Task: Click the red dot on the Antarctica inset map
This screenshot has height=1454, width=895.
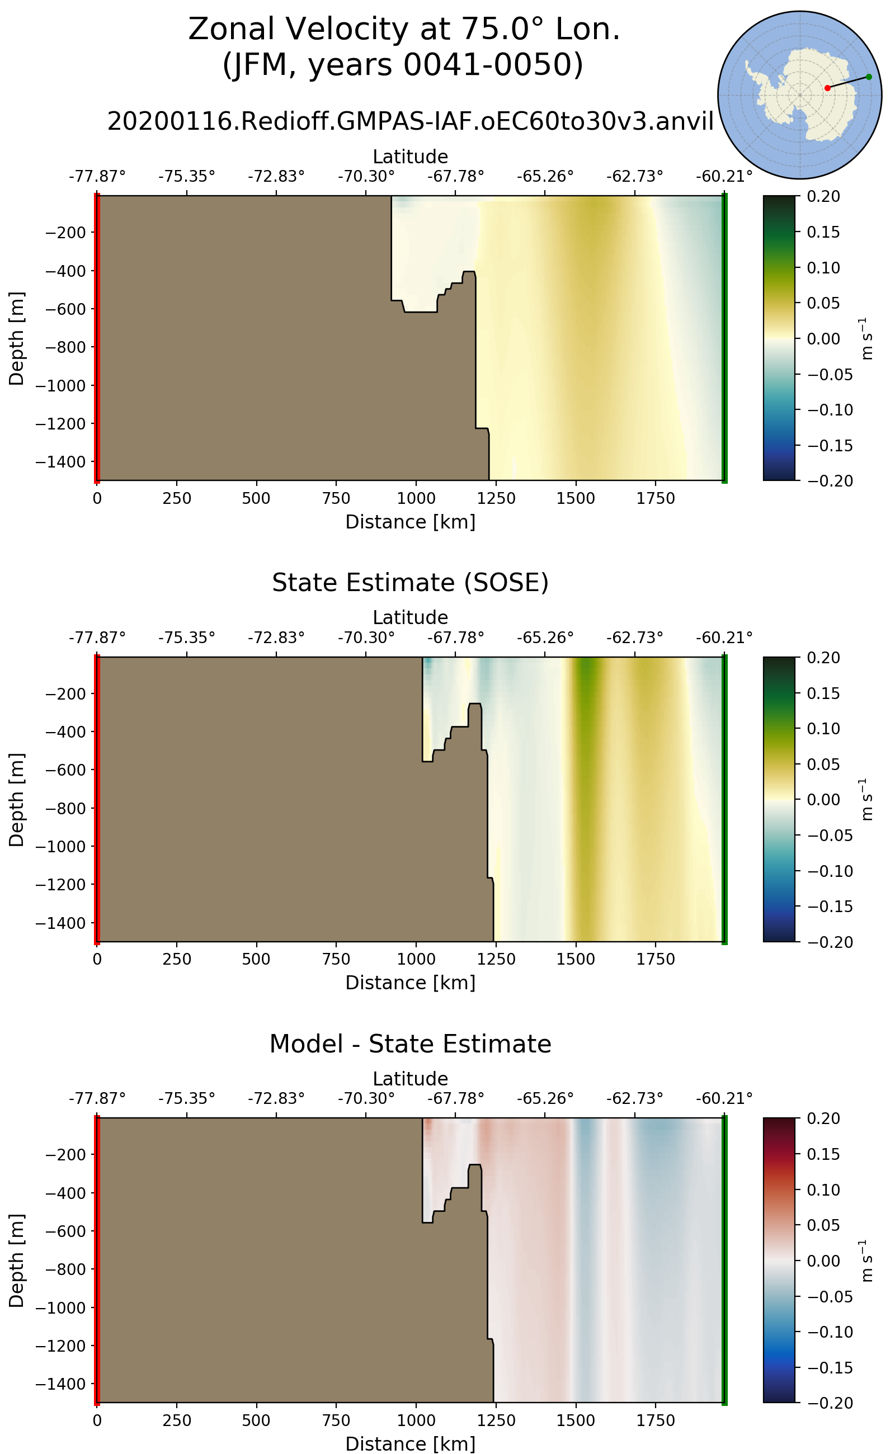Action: point(827,88)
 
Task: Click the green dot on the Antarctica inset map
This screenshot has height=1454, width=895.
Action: point(868,77)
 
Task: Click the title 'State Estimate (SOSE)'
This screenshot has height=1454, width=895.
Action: point(410,583)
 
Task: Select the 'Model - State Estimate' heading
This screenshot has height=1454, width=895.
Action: point(410,1044)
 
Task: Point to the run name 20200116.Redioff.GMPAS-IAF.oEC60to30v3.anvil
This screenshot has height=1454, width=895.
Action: point(410,121)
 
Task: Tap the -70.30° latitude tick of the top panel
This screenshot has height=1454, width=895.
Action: point(366,176)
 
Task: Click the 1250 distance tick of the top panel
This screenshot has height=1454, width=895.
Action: point(496,498)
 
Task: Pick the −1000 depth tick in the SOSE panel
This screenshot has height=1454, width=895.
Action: point(60,847)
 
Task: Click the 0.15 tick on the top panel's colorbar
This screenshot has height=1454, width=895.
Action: point(823,232)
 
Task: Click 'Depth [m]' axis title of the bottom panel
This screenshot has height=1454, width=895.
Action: point(17,1261)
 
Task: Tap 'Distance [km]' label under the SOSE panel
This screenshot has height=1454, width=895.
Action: point(410,983)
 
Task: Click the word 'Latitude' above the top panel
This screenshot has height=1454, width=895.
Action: point(410,157)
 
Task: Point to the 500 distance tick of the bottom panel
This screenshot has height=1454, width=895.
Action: point(256,1421)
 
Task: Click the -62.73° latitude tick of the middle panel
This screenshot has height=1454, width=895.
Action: point(634,638)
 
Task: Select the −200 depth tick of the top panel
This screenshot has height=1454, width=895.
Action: point(65,233)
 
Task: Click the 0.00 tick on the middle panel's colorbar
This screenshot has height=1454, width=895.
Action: point(823,800)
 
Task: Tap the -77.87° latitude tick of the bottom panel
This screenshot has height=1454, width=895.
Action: point(97,1099)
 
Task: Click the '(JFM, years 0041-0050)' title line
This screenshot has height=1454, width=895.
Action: point(403,64)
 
